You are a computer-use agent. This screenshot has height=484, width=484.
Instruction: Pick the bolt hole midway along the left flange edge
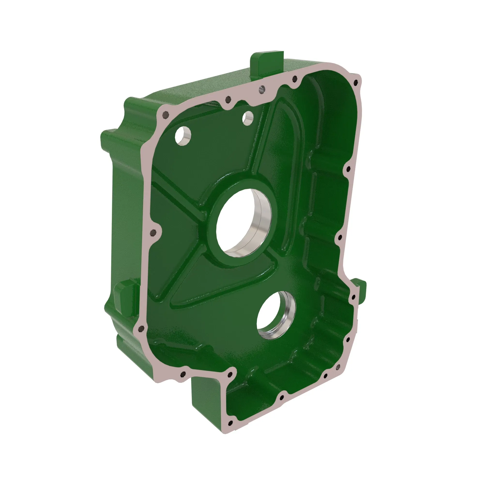coord(152,233)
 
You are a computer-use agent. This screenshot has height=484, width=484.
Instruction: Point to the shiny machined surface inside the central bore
coord(262,220)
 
